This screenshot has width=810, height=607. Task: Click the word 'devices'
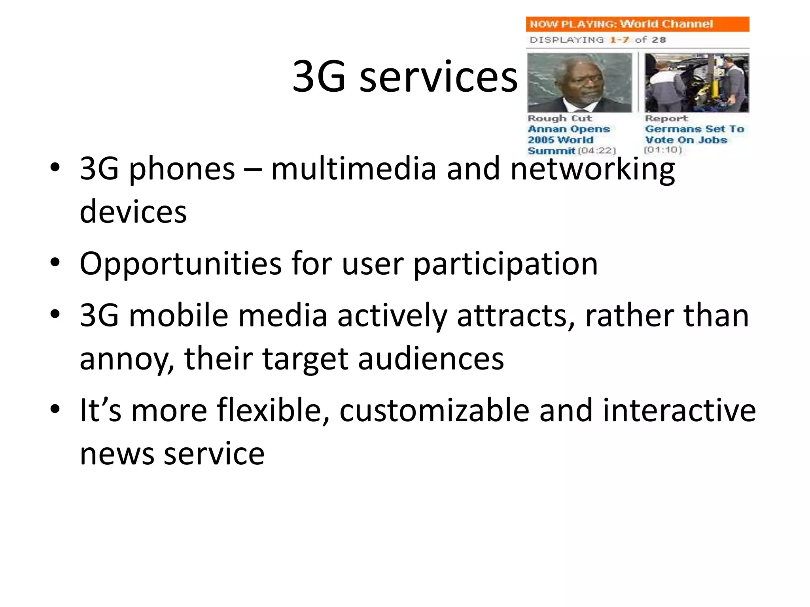tap(133, 212)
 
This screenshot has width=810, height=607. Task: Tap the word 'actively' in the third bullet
tap(392, 316)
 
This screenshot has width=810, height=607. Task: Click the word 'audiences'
tap(431, 359)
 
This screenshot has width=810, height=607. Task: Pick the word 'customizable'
tap(434, 411)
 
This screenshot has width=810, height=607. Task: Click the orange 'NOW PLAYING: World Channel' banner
tap(637, 24)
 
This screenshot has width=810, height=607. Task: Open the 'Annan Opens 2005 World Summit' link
tap(568, 140)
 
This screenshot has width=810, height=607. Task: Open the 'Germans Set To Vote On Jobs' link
tap(694, 134)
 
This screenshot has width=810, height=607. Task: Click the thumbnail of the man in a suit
tap(579, 83)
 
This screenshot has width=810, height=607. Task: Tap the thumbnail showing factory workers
tap(696, 83)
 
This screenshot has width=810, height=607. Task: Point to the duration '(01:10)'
tap(663, 150)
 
